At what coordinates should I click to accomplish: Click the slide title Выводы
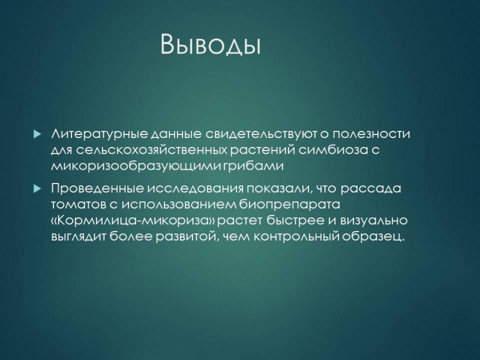pos(211,44)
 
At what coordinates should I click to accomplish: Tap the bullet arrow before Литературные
pos(37,134)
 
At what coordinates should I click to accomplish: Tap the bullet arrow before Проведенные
pos(37,188)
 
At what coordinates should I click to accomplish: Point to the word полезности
pos(371,134)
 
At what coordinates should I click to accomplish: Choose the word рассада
pos(371,189)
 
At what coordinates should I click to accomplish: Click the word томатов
pos(77,205)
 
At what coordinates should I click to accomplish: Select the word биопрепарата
pos(289,205)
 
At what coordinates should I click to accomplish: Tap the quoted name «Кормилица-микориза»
pos(134,221)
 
